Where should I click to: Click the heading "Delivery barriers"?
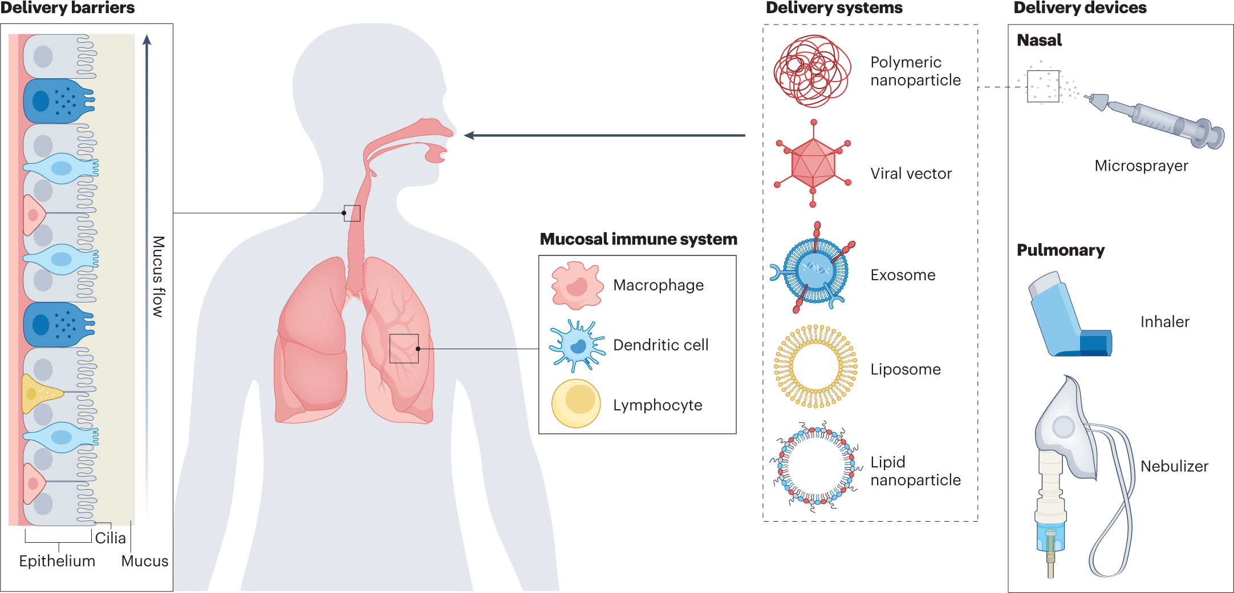[x=67, y=7]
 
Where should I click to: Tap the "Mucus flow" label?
[x=159, y=277]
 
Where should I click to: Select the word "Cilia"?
[x=110, y=538]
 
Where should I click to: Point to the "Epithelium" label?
[x=57, y=561]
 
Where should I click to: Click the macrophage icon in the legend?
[x=577, y=285]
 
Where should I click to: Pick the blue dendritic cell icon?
[x=577, y=346]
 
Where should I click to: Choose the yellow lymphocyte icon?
[x=576, y=404]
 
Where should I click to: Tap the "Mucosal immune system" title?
[x=639, y=239]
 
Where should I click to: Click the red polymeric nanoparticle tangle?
[x=812, y=71]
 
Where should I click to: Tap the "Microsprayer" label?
[x=1141, y=166]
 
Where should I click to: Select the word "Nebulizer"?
[x=1174, y=466]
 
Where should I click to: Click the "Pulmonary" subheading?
[x=1061, y=251]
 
